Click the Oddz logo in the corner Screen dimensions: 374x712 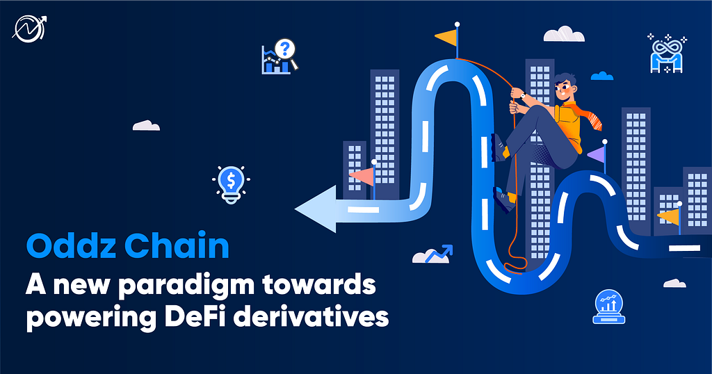tap(29, 29)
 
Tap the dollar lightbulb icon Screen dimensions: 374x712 tap(229, 183)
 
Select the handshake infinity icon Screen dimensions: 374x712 tap(667, 54)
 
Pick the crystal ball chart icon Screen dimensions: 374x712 tap(608, 305)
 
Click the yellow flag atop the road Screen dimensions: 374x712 tap(446, 35)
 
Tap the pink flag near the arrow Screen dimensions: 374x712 tap(362, 177)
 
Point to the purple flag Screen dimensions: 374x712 tap(596, 154)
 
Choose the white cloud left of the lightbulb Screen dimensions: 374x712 tap(146, 125)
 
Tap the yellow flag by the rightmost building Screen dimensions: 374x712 tap(669, 216)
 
